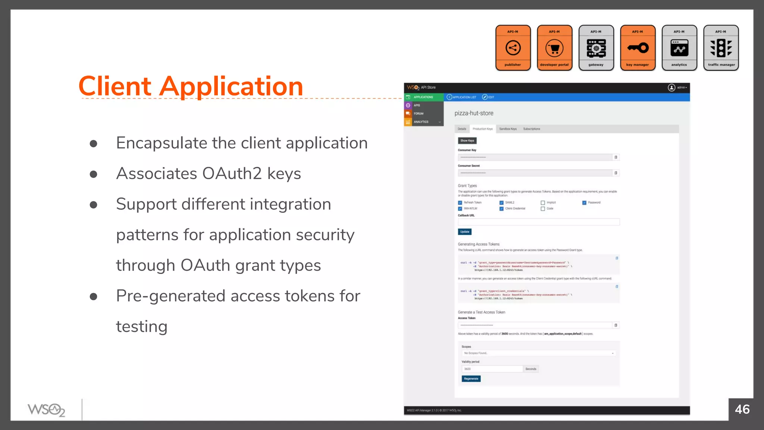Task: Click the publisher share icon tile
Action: click(513, 48)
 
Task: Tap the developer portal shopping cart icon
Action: click(554, 48)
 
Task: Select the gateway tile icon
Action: click(596, 48)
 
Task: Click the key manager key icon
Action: click(638, 48)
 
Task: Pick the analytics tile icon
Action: click(679, 48)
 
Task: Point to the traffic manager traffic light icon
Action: click(721, 48)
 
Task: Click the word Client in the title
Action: click(115, 86)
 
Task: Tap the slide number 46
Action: click(742, 409)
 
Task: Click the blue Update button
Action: click(464, 232)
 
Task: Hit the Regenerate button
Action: click(471, 378)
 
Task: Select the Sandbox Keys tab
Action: click(508, 129)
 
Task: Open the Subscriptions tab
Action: click(531, 129)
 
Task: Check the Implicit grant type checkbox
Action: click(543, 203)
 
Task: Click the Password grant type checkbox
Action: click(584, 203)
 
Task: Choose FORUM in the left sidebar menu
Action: click(419, 113)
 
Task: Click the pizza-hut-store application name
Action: click(474, 113)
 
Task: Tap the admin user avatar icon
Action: click(671, 87)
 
